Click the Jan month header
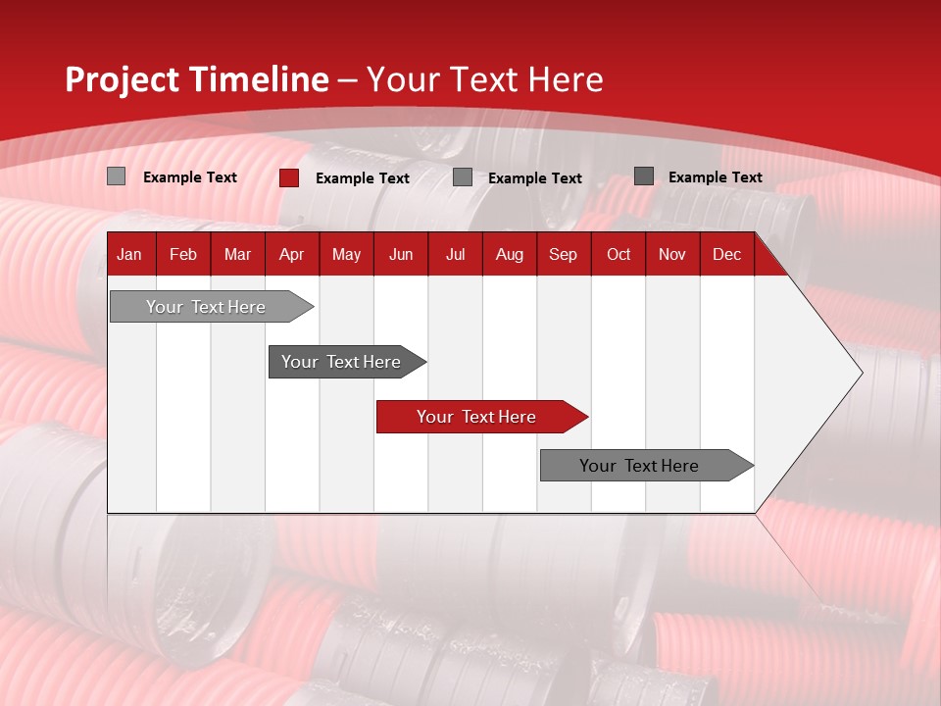[130, 254]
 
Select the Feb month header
[183, 254]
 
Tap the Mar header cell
[237, 254]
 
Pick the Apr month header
[292, 254]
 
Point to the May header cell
[346, 254]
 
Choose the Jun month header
[401, 254]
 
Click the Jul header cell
[455, 254]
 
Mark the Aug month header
[510, 254]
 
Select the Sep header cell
[564, 254]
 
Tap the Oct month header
[619, 254]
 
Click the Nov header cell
[672, 254]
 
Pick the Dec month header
[727, 254]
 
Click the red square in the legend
[289, 177]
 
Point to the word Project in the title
[123, 79]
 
